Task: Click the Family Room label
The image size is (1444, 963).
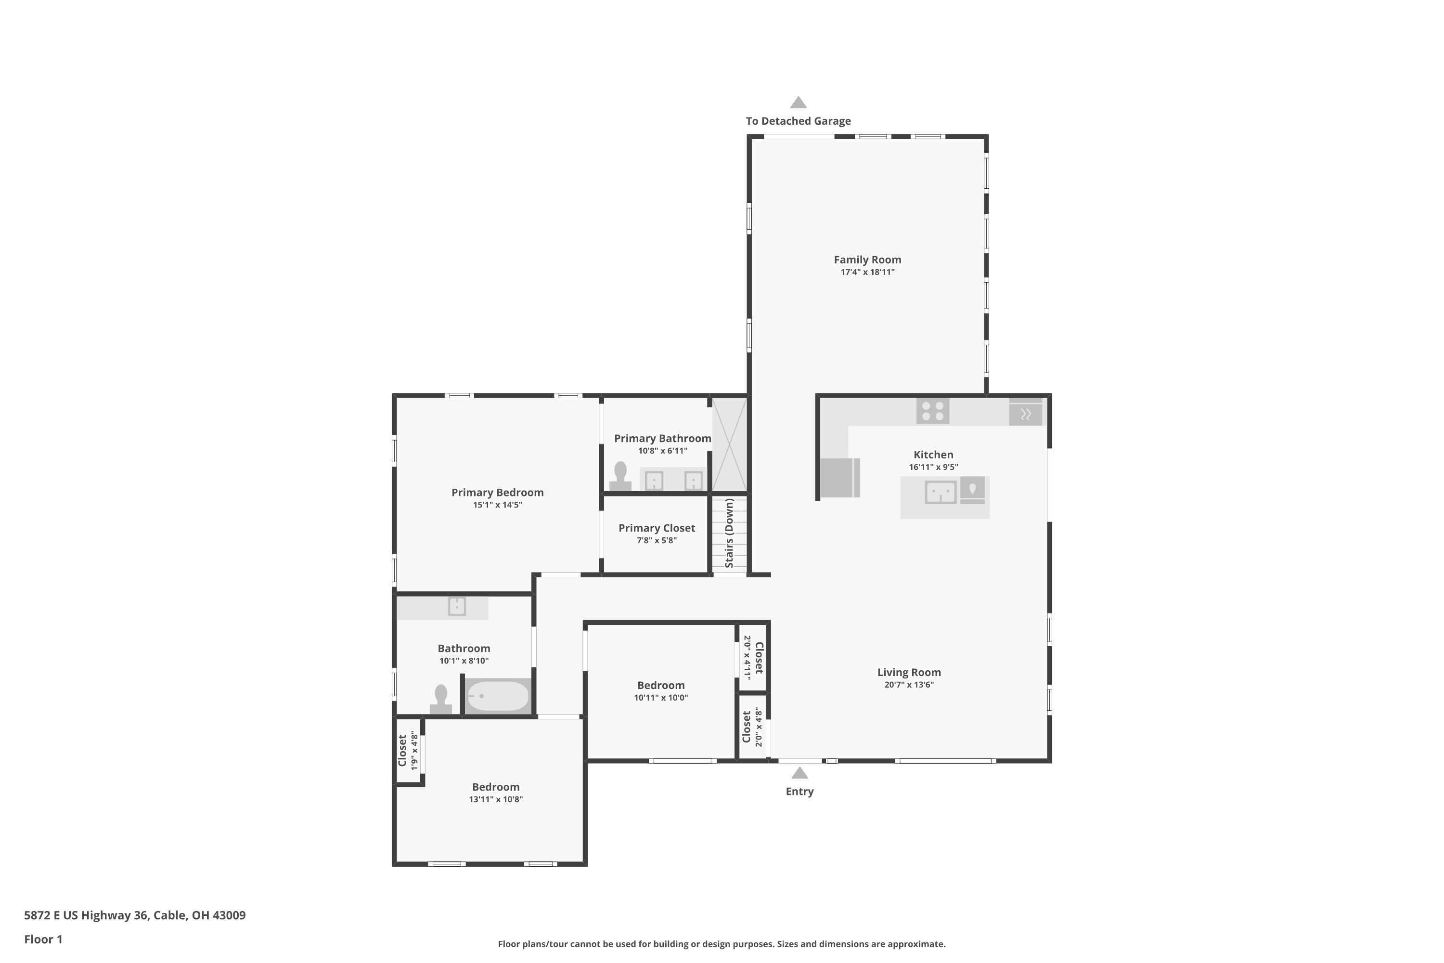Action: tap(867, 260)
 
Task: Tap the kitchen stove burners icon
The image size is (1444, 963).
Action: tap(933, 411)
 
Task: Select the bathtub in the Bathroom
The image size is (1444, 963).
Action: tap(497, 696)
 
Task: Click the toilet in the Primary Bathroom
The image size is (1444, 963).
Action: tap(620, 476)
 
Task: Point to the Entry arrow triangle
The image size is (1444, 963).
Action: tap(799, 773)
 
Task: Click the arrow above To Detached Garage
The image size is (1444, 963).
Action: tap(798, 102)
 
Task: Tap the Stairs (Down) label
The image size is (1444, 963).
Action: tap(729, 533)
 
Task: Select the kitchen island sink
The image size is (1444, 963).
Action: tap(941, 492)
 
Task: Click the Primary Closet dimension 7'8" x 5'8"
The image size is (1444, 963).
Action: tap(657, 540)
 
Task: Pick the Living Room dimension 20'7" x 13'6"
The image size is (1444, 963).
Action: tap(909, 685)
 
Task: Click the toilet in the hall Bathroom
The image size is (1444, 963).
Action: tap(440, 700)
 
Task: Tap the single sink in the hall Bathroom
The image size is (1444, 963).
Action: tap(457, 606)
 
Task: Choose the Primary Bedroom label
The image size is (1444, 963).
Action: tap(497, 493)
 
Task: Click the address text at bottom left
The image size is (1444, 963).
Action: tap(135, 915)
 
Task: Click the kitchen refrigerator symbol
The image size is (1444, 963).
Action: tap(840, 477)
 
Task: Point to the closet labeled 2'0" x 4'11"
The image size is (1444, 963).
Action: tap(753, 658)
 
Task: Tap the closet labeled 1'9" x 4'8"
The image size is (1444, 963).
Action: tap(408, 751)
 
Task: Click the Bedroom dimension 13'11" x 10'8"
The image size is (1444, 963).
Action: tap(495, 799)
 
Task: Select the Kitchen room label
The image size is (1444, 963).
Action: tap(933, 455)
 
